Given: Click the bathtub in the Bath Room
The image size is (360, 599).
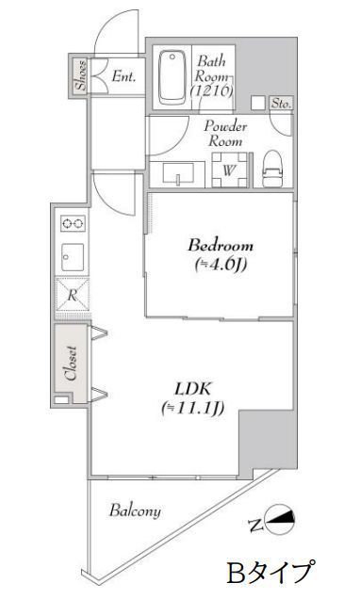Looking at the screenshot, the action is [172, 77].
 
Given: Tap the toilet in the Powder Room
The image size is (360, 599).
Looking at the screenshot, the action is [273, 170].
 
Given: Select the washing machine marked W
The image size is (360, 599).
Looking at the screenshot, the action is [229, 170].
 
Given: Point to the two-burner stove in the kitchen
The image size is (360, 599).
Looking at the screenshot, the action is [73, 223].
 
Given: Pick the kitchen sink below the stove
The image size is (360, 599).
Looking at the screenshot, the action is [73, 257].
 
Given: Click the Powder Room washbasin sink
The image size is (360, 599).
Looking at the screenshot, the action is [178, 174].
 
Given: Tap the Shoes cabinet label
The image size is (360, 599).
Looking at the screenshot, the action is [81, 75].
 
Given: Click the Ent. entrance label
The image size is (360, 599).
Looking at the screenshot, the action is [123, 76].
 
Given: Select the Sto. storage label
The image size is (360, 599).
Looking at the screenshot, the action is [282, 104].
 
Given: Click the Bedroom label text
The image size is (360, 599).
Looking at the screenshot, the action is [221, 245].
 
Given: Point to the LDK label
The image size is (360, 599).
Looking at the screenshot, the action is [192, 389].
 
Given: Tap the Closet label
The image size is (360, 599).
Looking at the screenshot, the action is [72, 363].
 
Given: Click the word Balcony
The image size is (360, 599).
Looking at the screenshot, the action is [136, 511].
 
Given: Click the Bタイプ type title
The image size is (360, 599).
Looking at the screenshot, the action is [271, 572].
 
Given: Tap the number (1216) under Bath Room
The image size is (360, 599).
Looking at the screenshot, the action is [211, 91].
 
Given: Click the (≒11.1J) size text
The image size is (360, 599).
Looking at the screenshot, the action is [192, 408].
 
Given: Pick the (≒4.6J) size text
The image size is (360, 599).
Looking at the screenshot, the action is [221, 264].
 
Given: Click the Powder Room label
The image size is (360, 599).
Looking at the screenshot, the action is [225, 134].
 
